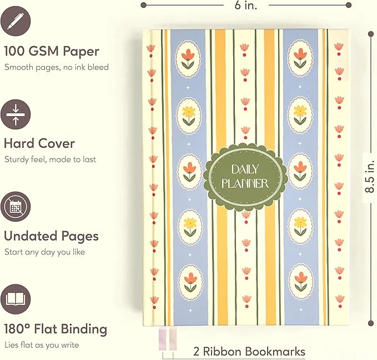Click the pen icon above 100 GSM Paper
point(16,21)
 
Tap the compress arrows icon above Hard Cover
point(16,114)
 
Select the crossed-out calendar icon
point(16,207)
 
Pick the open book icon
point(16,299)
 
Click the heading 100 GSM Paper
point(52,51)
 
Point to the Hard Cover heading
point(39,143)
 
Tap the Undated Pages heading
point(52,236)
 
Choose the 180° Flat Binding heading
point(56,329)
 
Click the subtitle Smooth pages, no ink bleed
point(57,67)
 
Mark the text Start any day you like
point(45,252)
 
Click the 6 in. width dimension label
point(246,5)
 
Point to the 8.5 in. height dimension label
point(370,177)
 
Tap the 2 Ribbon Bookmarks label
point(249,351)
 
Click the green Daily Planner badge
point(245,177)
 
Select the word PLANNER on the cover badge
point(245,184)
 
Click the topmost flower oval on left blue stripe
point(188,59)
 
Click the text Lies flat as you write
point(42,345)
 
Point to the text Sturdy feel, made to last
point(51,159)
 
